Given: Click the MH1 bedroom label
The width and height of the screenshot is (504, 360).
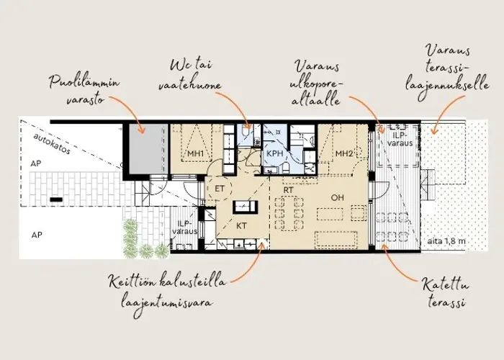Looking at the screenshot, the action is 195,153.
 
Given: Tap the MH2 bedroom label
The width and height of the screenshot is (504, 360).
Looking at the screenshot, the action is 344,153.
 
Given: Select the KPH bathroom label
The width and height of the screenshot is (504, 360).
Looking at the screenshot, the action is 275,153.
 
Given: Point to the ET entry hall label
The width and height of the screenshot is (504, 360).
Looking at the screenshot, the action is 219,189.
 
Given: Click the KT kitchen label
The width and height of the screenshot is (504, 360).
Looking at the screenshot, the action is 241,226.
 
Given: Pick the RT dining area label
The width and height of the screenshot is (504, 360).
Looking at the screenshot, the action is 288,190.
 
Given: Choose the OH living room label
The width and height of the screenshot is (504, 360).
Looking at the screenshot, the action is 337,197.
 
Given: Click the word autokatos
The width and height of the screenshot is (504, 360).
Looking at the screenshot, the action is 51,144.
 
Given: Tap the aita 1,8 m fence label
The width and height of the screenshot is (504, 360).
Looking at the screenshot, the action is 446,241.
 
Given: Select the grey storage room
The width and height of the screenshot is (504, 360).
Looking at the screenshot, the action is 148,148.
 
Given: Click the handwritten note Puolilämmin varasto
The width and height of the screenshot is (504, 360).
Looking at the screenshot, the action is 84,90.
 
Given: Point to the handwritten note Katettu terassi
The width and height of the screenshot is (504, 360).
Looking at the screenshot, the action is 445,293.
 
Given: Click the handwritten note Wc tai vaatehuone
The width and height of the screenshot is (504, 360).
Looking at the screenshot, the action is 190,76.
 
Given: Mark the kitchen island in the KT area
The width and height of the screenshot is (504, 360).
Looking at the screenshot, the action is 245,207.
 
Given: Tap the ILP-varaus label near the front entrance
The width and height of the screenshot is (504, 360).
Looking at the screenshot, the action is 185,228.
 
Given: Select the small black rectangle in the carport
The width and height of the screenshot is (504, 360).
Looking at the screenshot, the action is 56,200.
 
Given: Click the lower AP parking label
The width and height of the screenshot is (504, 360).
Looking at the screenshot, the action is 37,235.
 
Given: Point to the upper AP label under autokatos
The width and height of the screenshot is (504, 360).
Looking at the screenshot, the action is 36,163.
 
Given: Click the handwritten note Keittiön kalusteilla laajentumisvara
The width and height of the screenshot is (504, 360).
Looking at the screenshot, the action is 167,292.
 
